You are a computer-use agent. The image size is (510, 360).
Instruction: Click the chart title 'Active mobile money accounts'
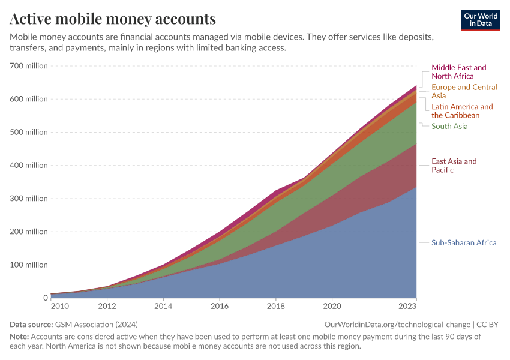click(113, 19)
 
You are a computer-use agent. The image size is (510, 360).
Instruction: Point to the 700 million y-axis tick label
click(28, 66)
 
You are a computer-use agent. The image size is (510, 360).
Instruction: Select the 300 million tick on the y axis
click(28, 199)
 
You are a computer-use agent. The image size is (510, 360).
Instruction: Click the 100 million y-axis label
click(28, 265)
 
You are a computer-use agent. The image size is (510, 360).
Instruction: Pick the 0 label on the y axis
click(45, 298)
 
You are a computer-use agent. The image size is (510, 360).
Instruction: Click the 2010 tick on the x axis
click(59, 307)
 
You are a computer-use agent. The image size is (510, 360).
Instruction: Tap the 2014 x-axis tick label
click(163, 307)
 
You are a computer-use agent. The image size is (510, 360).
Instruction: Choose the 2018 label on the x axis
click(275, 307)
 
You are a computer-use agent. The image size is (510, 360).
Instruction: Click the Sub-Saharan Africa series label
click(464, 243)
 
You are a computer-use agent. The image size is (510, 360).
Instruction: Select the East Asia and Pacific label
click(454, 166)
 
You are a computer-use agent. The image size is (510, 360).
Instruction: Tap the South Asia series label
click(449, 126)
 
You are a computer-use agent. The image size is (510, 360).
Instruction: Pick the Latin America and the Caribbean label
click(462, 111)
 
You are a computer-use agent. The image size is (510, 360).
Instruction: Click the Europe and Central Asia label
click(464, 91)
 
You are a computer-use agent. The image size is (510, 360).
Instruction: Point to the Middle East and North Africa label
click(458, 72)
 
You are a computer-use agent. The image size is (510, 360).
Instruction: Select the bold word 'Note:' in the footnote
click(19, 337)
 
